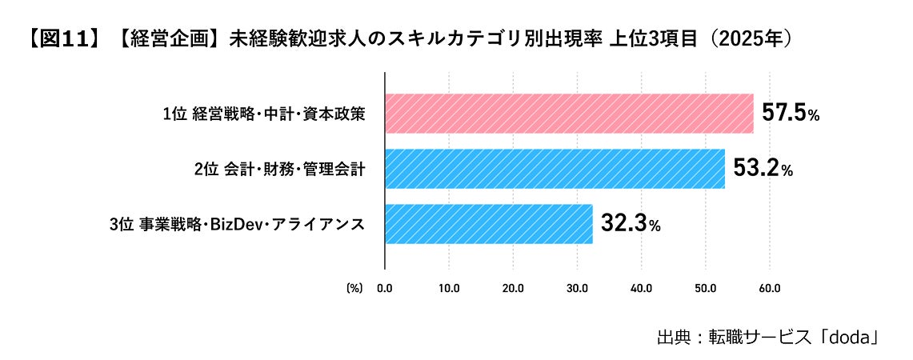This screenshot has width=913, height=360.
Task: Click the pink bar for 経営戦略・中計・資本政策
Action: [570, 114]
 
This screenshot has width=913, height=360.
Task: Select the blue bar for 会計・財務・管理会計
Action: [555, 169]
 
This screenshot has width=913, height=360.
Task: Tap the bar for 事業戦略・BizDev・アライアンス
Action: [489, 224]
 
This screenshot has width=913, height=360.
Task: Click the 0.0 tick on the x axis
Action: [385, 288]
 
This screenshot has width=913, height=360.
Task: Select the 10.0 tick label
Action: [449, 288]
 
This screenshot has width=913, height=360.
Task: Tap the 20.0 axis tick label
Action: [513, 288]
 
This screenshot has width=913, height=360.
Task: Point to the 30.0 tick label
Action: [577, 288]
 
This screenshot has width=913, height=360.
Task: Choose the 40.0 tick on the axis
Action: [641, 288]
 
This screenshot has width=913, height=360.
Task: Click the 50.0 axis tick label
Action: [705, 288]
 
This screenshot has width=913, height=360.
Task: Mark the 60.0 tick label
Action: [769, 288]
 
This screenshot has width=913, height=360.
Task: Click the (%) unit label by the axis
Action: [354, 288]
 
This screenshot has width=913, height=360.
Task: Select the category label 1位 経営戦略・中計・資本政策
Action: [264, 114]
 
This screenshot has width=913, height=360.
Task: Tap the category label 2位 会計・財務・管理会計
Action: [280, 170]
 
